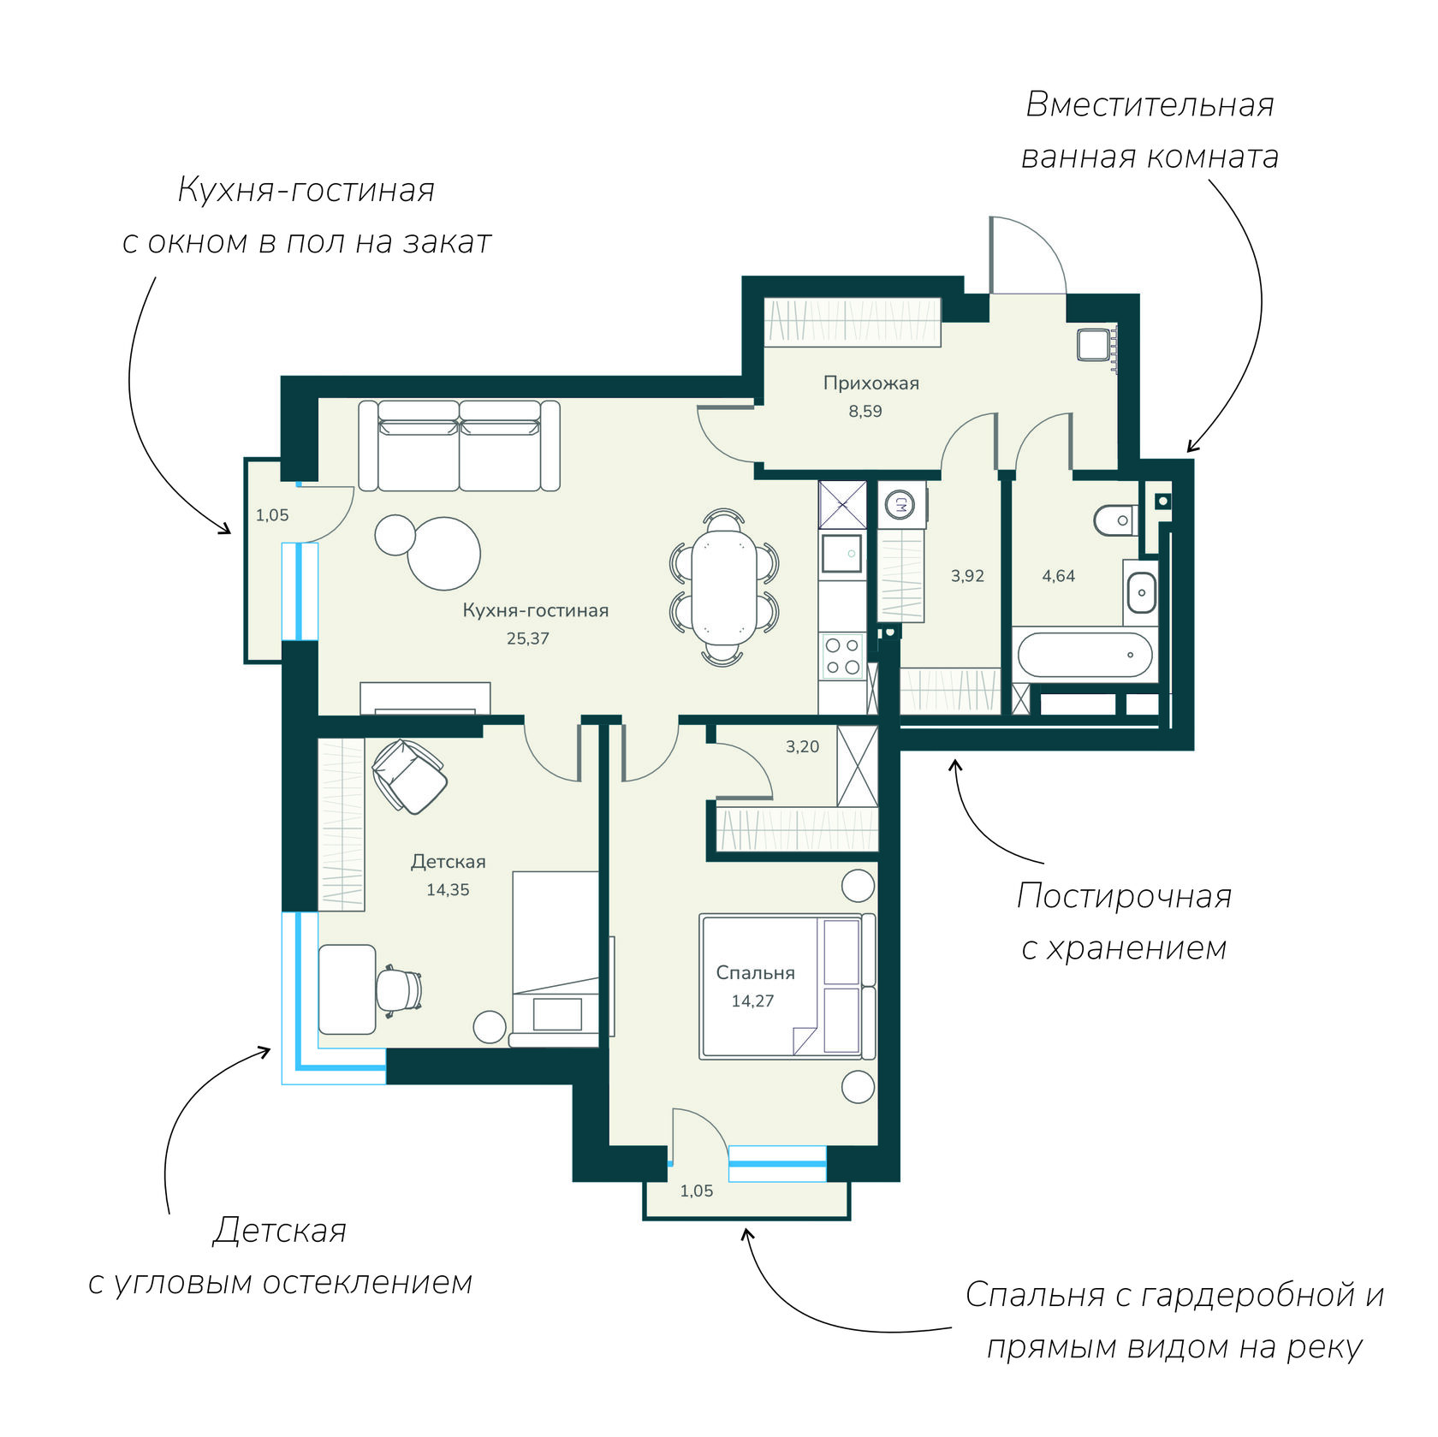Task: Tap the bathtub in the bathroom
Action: point(1084,655)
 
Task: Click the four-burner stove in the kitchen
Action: point(842,656)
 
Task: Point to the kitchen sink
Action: point(842,554)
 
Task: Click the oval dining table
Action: point(724,587)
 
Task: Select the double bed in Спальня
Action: point(787,986)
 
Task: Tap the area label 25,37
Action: point(527,638)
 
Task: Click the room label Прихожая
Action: point(871,383)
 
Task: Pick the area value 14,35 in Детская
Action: point(448,890)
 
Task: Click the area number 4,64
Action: point(1058,576)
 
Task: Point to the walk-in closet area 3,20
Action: point(802,746)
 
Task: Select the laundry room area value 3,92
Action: point(967,576)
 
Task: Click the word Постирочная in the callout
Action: point(1124,896)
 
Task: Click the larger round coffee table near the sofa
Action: point(443,554)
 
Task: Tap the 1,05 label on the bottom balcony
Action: point(696,1191)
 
